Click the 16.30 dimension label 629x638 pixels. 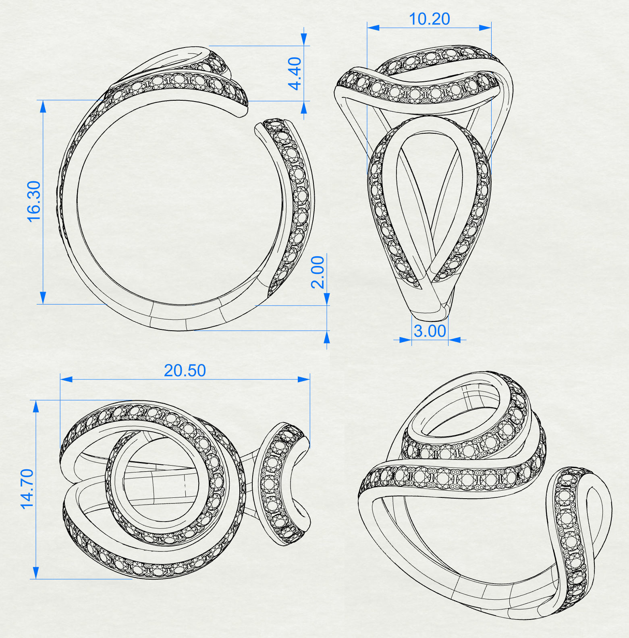[34, 201]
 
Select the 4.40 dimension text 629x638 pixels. [295, 73]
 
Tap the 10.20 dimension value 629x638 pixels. [429, 19]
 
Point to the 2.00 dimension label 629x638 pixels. [318, 272]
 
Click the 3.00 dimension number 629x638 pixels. [430, 331]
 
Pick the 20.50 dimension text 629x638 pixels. [185, 371]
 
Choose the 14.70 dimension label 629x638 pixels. [27, 489]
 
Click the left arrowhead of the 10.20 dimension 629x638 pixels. [373, 28]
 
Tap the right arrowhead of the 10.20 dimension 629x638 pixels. [485, 28]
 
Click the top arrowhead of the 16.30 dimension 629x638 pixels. [43, 106]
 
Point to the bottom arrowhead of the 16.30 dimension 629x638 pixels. [43, 298]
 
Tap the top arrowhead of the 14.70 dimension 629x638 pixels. [36, 406]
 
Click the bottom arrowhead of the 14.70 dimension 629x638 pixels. [36, 573]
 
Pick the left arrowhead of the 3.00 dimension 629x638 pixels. [405, 340]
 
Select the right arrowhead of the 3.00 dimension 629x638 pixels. [455, 340]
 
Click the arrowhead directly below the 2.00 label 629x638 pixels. [327, 299]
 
